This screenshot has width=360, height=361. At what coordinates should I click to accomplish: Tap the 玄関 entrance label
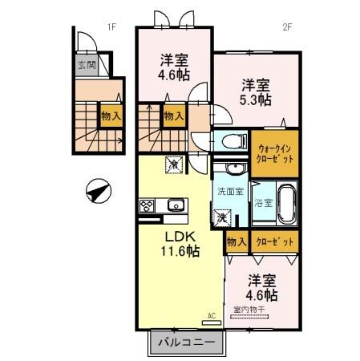pyautogui.click(x=87, y=65)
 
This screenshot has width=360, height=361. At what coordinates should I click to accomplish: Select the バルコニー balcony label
pyautogui.click(x=186, y=343)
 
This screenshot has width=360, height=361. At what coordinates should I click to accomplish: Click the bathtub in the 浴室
pyautogui.click(x=285, y=204)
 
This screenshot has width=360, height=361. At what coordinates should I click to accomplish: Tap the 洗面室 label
pyautogui.click(x=231, y=191)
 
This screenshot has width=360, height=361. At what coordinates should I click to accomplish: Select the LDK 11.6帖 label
pyautogui.click(x=181, y=244)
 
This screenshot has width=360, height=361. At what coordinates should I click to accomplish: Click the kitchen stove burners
pyautogui.click(x=148, y=206)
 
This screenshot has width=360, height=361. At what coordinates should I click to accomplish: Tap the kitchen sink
pyautogui.click(x=175, y=206)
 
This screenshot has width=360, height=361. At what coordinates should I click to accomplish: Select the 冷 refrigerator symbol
pyautogui.click(x=174, y=163)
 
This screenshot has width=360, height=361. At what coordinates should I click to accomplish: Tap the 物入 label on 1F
pyautogui.click(x=111, y=116)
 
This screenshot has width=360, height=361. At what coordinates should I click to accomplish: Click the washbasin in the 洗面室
pyautogui.click(x=233, y=168)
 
